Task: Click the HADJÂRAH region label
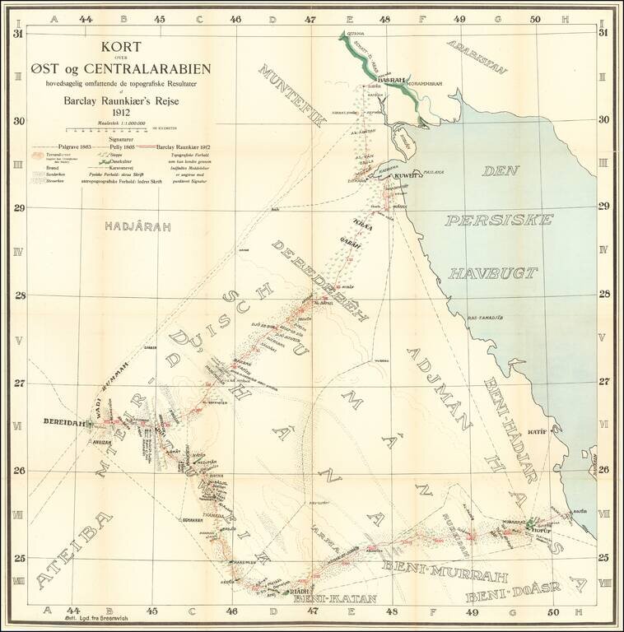click(130, 223)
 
